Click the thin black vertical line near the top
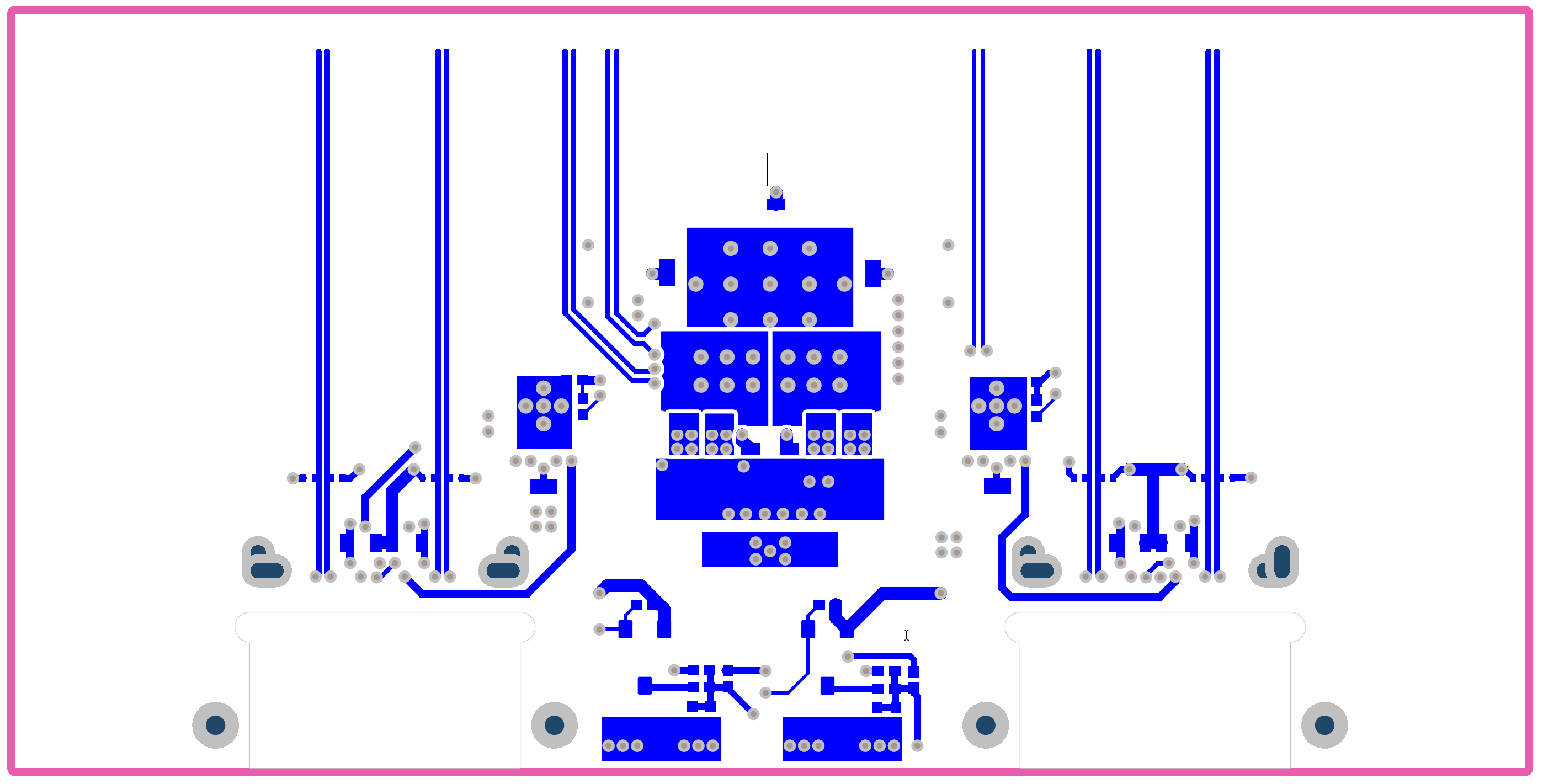pyautogui.click(x=767, y=169)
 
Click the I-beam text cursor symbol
pyautogui.click(x=906, y=635)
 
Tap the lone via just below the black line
pyautogui.click(x=776, y=192)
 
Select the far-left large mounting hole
pyautogui.click(x=216, y=726)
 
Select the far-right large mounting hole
pyautogui.click(x=1324, y=726)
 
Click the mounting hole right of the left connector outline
pyautogui.click(x=554, y=726)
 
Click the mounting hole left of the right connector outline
pyautogui.click(x=985, y=726)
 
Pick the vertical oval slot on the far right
pyautogui.click(x=1282, y=562)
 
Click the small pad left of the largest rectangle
pyautogui.click(x=667, y=273)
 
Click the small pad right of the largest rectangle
pyautogui.click(x=872, y=274)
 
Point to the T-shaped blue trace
pyautogui.click(x=1153, y=503)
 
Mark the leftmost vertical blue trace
pyautogui.click(x=318, y=300)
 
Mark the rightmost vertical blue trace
pyautogui.click(x=1216, y=300)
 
